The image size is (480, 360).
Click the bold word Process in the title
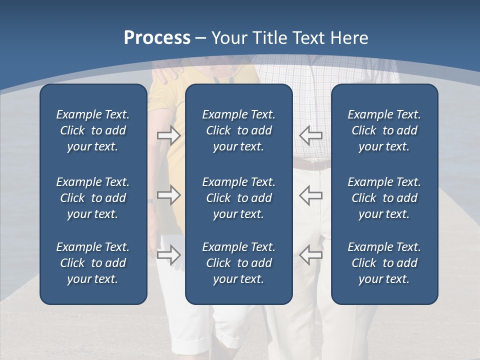pyautogui.click(x=157, y=38)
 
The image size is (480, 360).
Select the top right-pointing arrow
pyautogui.click(x=168, y=135)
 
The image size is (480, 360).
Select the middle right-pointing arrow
pyautogui.click(x=168, y=195)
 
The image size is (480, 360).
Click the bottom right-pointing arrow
pyautogui.click(x=168, y=254)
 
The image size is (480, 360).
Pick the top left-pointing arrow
pyautogui.click(x=310, y=135)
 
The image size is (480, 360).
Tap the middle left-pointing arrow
pyautogui.click(x=310, y=195)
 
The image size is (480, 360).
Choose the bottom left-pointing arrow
pyautogui.click(x=310, y=254)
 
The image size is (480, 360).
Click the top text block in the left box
pyautogui.click(x=93, y=130)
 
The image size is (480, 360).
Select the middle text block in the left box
pyautogui.click(x=93, y=198)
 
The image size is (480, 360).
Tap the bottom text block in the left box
pyautogui.click(x=93, y=263)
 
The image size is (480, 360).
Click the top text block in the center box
pyautogui.click(x=238, y=130)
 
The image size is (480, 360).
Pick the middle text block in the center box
pyautogui.click(x=238, y=198)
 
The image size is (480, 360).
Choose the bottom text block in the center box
pyautogui.click(x=238, y=263)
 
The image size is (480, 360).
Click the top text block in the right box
pyautogui.click(x=384, y=130)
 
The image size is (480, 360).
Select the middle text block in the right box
pyautogui.click(x=384, y=198)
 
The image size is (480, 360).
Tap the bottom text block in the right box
pyautogui.click(x=384, y=263)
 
